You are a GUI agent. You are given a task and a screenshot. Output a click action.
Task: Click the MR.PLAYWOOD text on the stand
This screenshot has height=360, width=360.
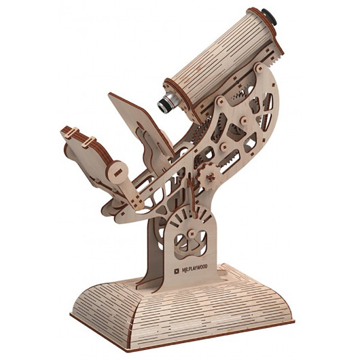point(195,268)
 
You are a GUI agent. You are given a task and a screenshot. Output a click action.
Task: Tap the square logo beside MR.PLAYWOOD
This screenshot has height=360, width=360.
point(177,272)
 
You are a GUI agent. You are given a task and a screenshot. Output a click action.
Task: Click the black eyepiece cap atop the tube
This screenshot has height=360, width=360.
point(270,16)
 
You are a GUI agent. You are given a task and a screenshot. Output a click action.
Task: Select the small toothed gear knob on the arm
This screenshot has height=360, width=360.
point(210,177)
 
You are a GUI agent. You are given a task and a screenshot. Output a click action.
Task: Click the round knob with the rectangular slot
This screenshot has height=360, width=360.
point(118,172)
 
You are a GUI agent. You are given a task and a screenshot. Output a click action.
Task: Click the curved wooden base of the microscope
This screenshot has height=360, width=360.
point(181,314)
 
